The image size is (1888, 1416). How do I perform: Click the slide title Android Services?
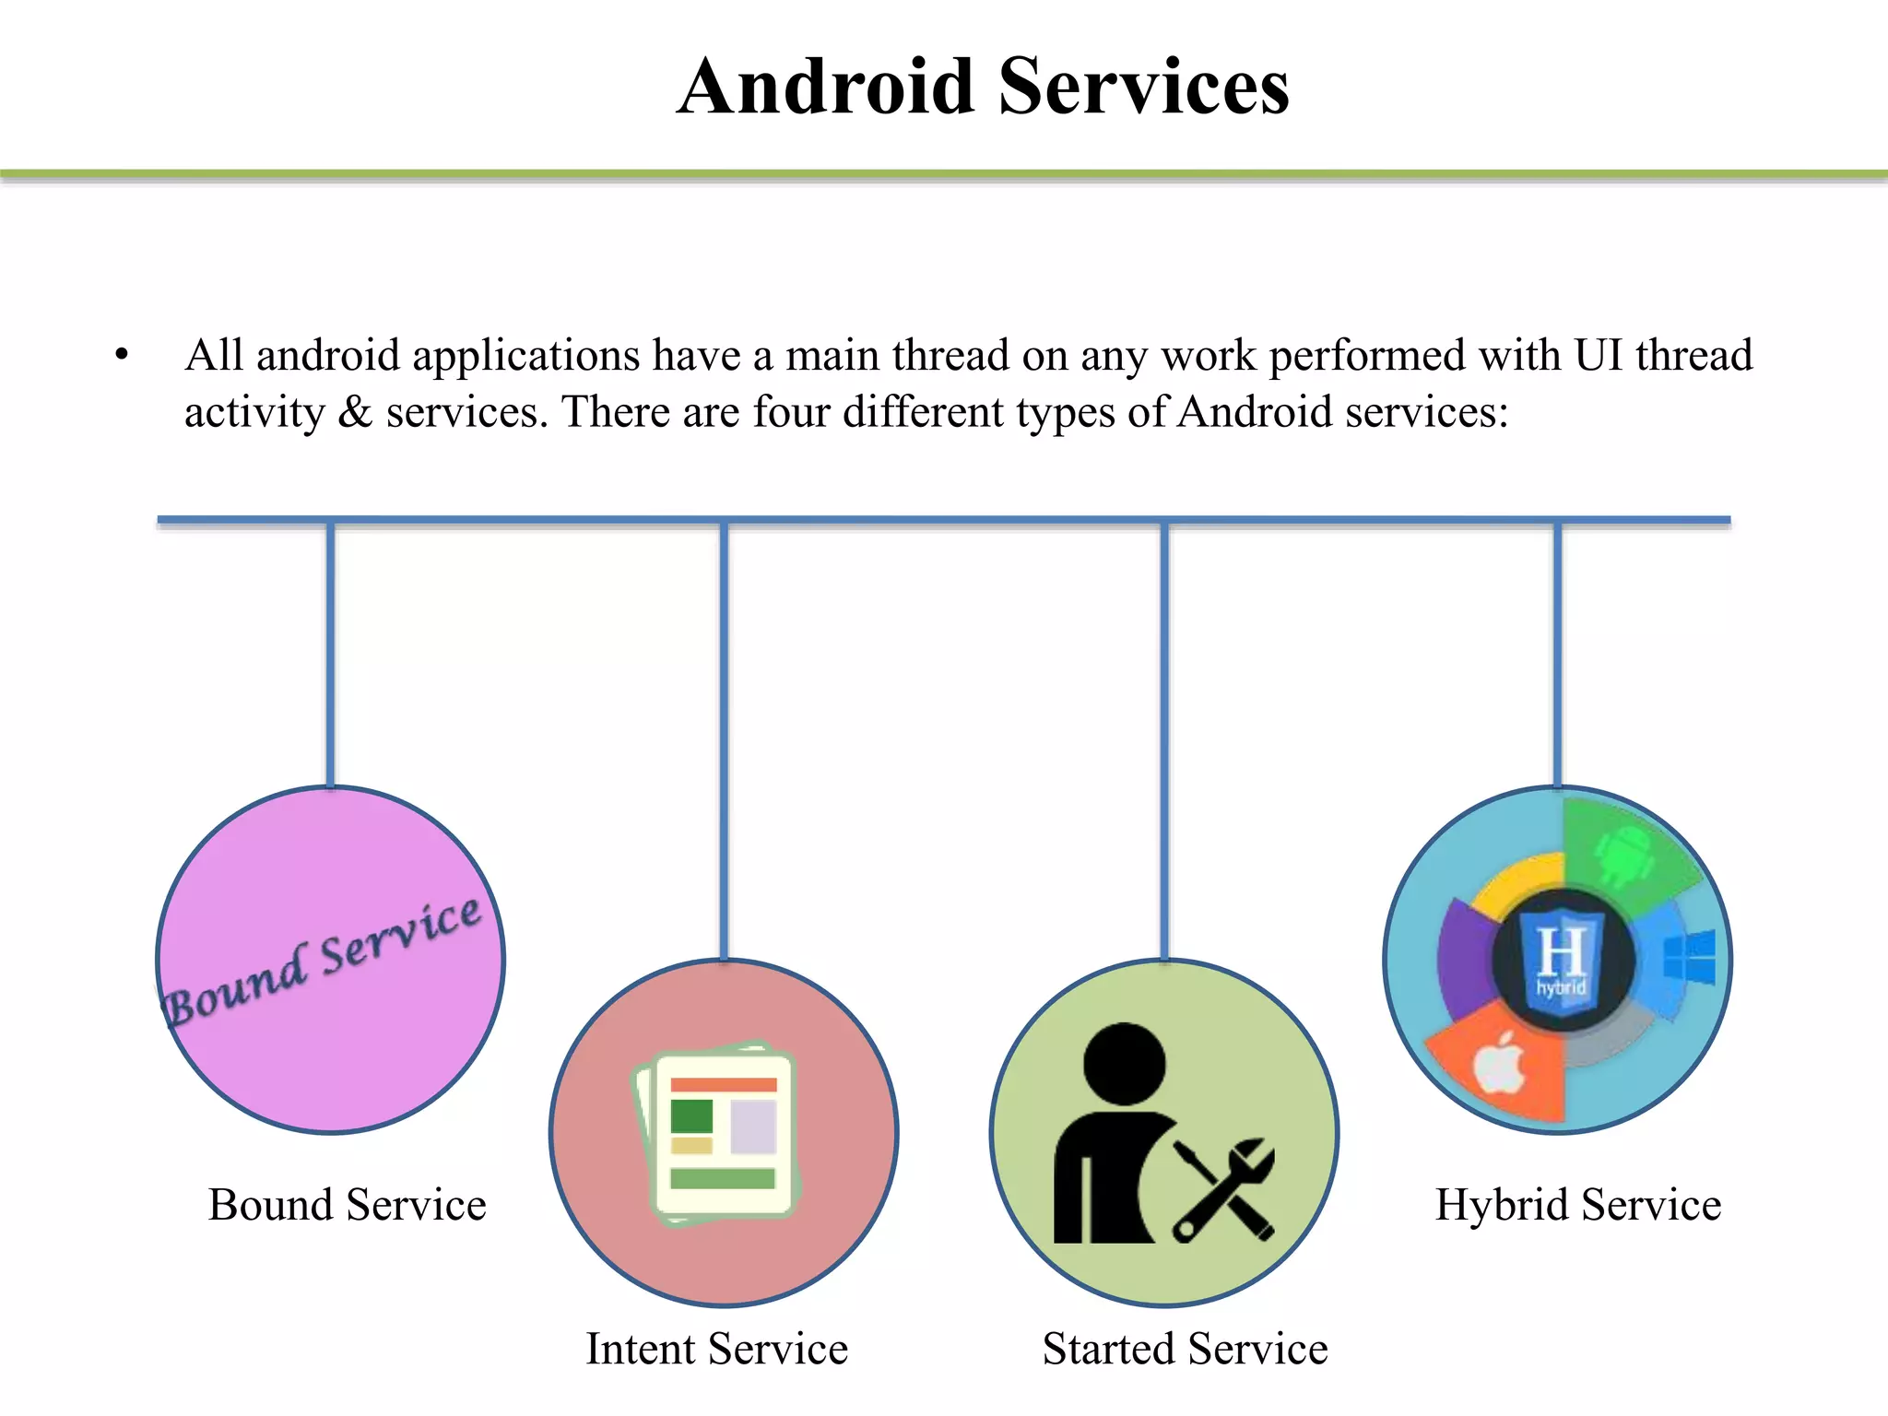983,87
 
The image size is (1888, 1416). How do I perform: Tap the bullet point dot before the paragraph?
122,355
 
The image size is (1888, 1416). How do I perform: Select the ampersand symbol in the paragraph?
355,412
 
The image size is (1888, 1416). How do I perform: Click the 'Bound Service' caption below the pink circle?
347,1205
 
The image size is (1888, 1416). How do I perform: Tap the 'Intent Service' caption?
716,1349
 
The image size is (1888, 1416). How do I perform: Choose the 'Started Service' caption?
1185,1349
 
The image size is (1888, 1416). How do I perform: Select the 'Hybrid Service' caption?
1577,1205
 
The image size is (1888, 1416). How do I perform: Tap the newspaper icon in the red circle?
717,1133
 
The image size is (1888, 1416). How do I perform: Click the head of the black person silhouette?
1124,1063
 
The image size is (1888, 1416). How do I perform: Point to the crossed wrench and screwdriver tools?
1223,1189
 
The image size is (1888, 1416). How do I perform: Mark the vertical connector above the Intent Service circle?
725,737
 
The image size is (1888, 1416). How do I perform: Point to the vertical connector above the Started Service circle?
1164,737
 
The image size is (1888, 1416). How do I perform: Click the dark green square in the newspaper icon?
691,1115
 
